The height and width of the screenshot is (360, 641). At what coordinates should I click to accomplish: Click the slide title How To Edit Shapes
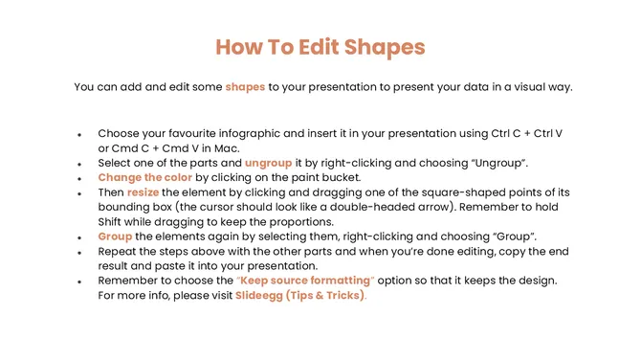320,47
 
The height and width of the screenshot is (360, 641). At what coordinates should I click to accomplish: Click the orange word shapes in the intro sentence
245,87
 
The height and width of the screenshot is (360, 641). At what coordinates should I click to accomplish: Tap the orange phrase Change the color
144,178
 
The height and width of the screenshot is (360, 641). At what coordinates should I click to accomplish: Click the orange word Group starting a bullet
115,236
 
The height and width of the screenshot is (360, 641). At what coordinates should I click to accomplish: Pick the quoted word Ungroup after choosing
526,164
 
